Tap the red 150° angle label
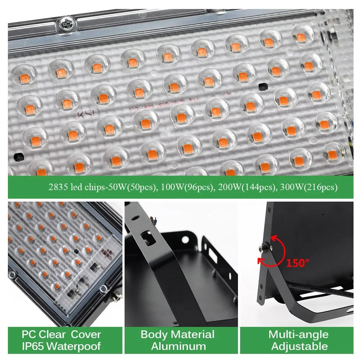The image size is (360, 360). coord(298,263)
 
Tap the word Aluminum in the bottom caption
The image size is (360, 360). coord(178,347)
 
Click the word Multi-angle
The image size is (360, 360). coord(298,334)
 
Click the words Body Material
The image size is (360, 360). coord(177,334)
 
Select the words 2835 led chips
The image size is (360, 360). coord(76,187)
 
